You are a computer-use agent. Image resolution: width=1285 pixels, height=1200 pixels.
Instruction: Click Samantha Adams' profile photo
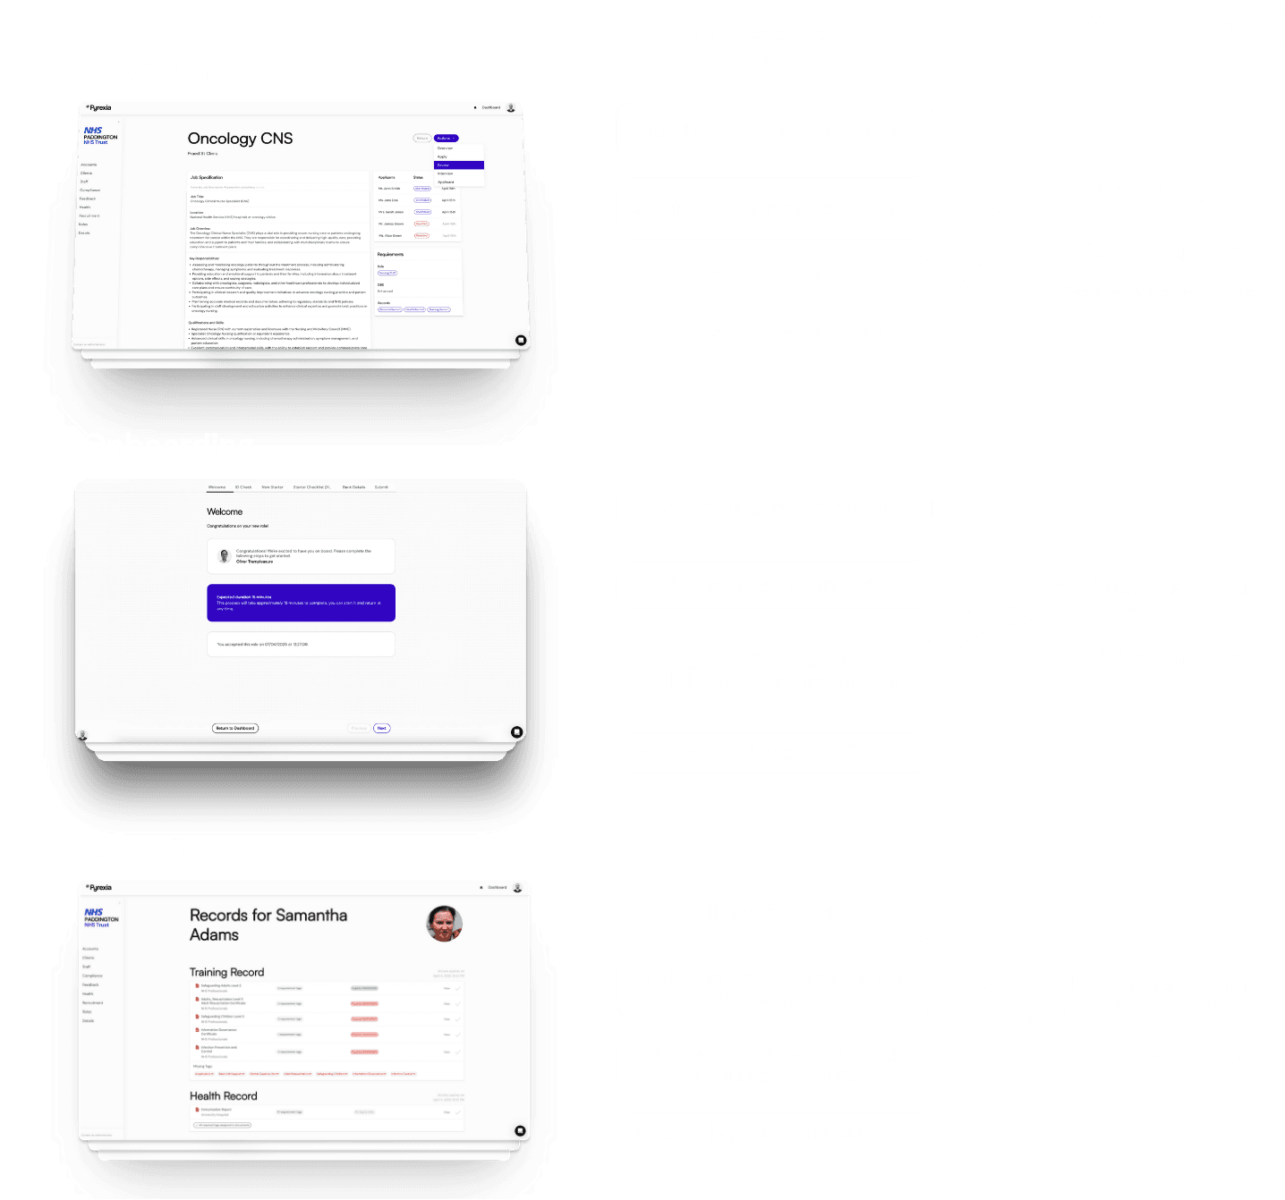point(444,924)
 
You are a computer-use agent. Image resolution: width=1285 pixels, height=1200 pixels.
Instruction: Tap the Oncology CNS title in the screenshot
point(240,139)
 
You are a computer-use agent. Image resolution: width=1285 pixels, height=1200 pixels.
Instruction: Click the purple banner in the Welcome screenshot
point(301,603)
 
